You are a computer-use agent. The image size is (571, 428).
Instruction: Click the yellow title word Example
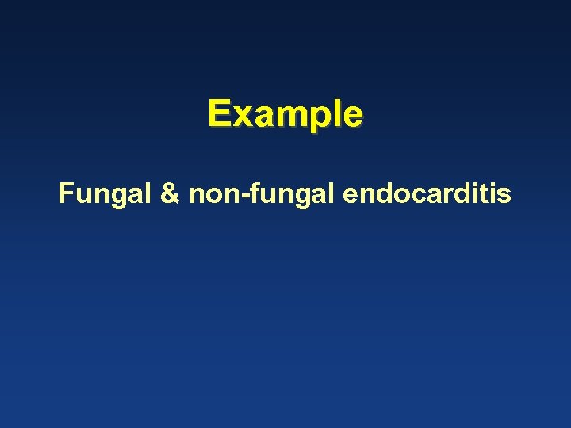(285, 114)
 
